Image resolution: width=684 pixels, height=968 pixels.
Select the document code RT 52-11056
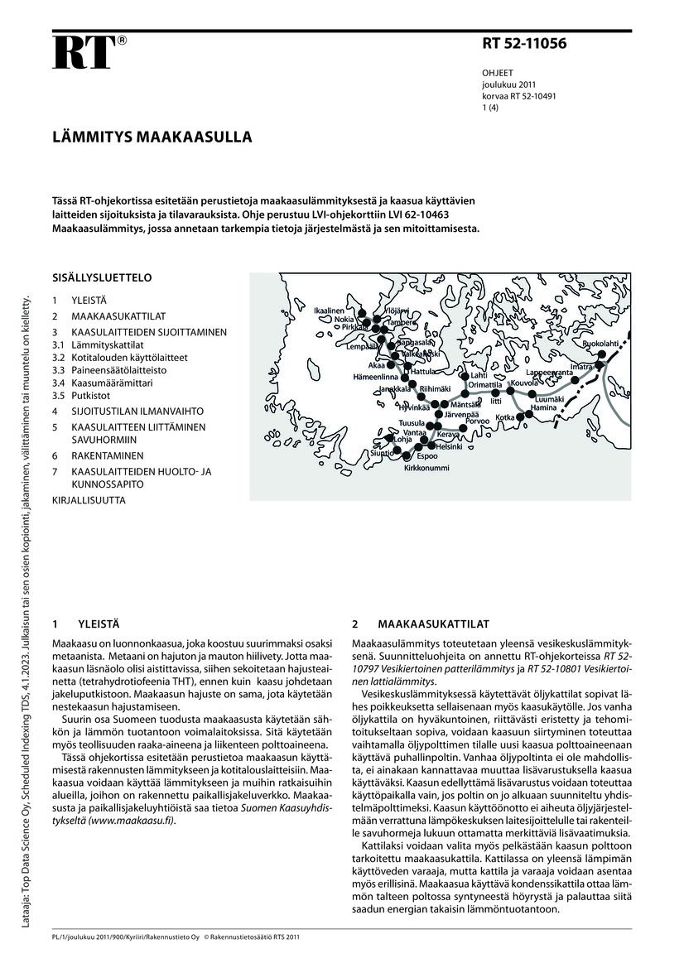[x=525, y=45]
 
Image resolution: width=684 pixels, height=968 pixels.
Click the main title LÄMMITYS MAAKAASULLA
[x=153, y=136]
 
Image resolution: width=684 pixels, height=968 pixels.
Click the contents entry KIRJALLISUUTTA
[x=89, y=500]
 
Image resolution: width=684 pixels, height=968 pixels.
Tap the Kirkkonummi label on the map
[x=426, y=468]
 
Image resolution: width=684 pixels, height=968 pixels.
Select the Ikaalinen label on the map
[x=329, y=311]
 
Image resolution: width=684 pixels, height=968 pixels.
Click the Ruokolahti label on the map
[x=600, y=343]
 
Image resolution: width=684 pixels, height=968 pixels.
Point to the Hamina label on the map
[x=543, y=408]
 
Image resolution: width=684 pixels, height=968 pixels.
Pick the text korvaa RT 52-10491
[x=518, y=96]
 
